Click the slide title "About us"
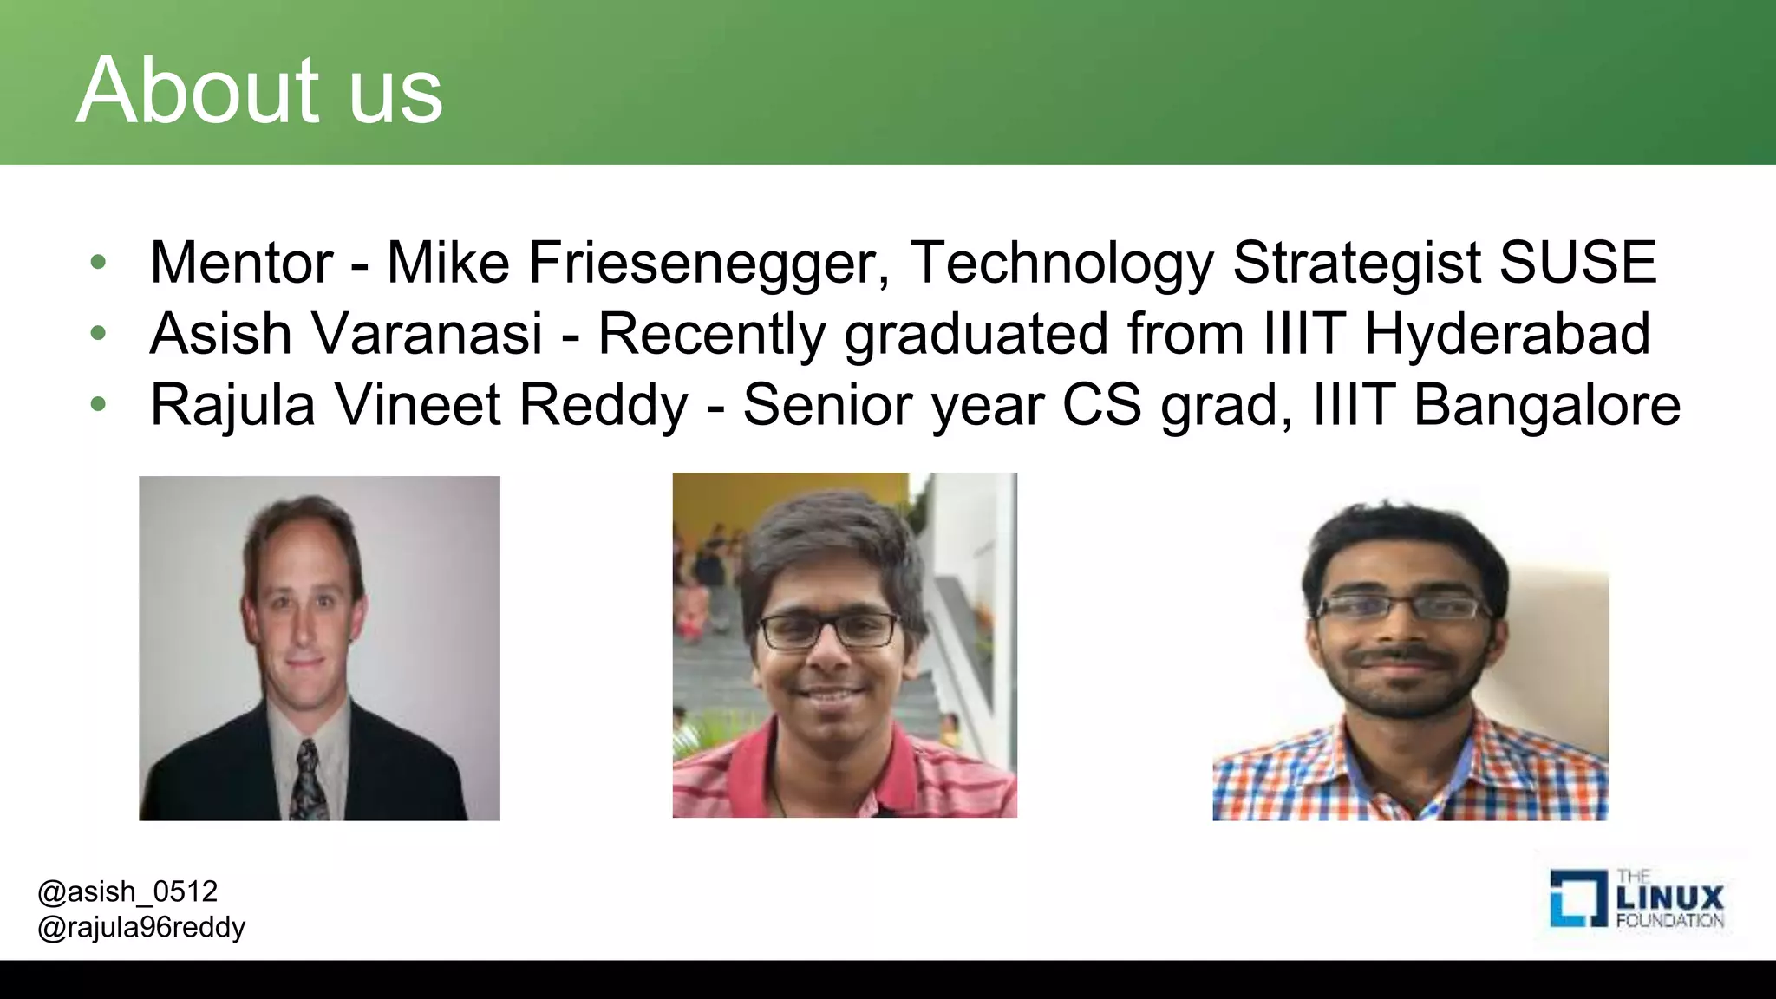tap(260, 90)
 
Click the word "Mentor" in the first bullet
tap(241, 262)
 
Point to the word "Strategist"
tap(1355, 264)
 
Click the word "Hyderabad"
tap(1507, 334)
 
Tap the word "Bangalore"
tap(1547, 405)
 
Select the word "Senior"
tap(819, 405)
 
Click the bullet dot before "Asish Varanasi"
tap(98, 333)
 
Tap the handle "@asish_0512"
tap(127, 891)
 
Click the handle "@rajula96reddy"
tap(141, 928)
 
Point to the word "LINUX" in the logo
tap(1670, 897)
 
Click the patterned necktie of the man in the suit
tap(308, 780)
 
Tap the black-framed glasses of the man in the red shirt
tap(829, 630)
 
